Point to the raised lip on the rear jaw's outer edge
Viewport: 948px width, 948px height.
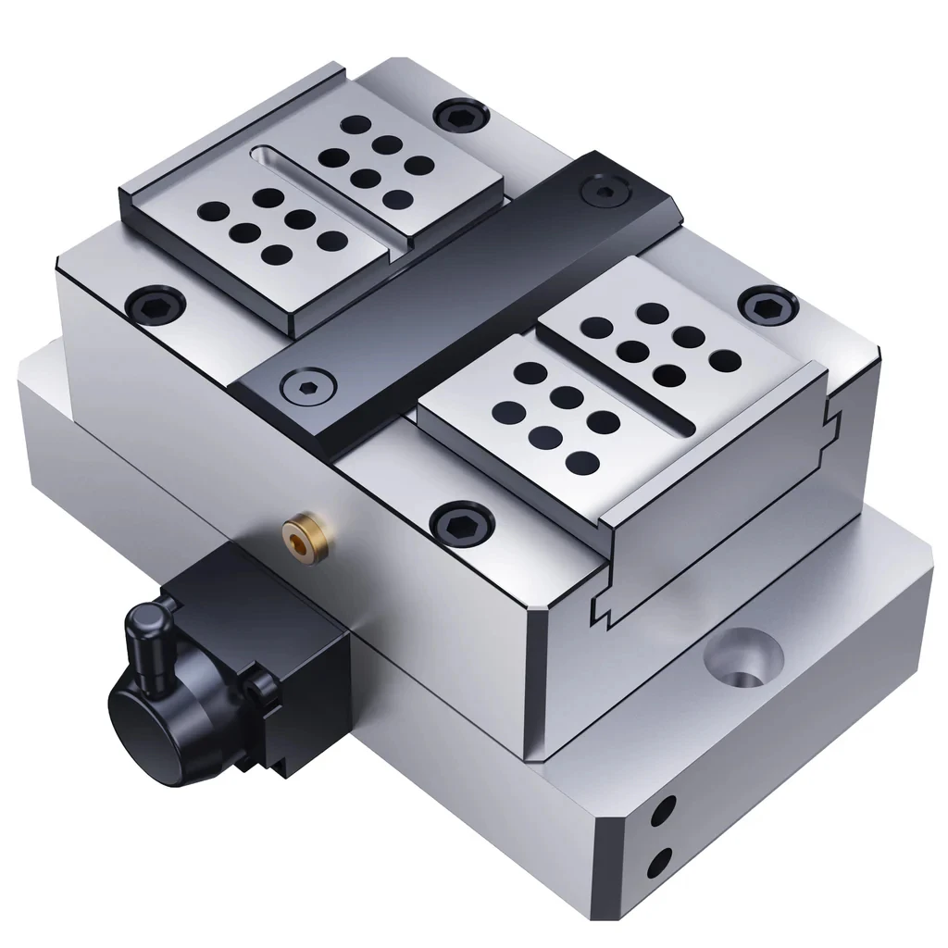click(x=231, y=130)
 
